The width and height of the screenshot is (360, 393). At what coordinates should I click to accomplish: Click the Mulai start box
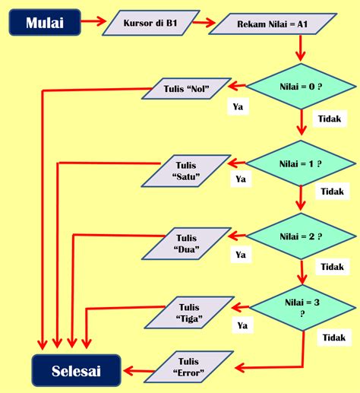[45, 22]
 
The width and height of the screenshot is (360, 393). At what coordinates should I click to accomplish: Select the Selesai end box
[76, 370]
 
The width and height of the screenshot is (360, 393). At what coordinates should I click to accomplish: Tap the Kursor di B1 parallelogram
[151, 23]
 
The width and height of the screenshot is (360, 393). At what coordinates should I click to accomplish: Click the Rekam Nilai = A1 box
[273, 24]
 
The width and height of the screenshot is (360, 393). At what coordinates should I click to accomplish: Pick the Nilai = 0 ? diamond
[301, 87]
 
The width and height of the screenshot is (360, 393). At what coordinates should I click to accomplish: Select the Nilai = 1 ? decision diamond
[301, 163]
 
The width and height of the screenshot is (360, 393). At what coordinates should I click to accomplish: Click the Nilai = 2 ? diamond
[301, 236]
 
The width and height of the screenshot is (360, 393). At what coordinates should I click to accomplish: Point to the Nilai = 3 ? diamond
[302, 308]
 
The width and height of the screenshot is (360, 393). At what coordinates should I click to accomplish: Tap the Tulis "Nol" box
[186, 88]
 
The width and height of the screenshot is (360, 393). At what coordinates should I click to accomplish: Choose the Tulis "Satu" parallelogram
[186, 171]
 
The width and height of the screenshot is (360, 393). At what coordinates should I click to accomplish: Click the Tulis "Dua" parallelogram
[186, 243]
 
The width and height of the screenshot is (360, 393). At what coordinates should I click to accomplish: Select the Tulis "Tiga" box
[189, 312]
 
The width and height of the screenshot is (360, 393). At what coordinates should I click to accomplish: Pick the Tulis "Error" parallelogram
[188, 367]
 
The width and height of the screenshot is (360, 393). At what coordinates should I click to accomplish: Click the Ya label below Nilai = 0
[238, 106]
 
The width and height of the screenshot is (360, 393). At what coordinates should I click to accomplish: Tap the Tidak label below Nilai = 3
[334, 338]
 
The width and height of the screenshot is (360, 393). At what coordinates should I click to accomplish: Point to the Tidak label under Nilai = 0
[330, 119]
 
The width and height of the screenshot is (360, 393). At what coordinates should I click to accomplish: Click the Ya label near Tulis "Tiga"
[242, 325]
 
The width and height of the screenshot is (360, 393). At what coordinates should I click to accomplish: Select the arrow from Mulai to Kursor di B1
[93, 21]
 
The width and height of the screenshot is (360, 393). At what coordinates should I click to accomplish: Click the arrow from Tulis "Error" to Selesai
[139, 371]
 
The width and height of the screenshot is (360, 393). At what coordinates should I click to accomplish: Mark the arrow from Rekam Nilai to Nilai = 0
[301, 48]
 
